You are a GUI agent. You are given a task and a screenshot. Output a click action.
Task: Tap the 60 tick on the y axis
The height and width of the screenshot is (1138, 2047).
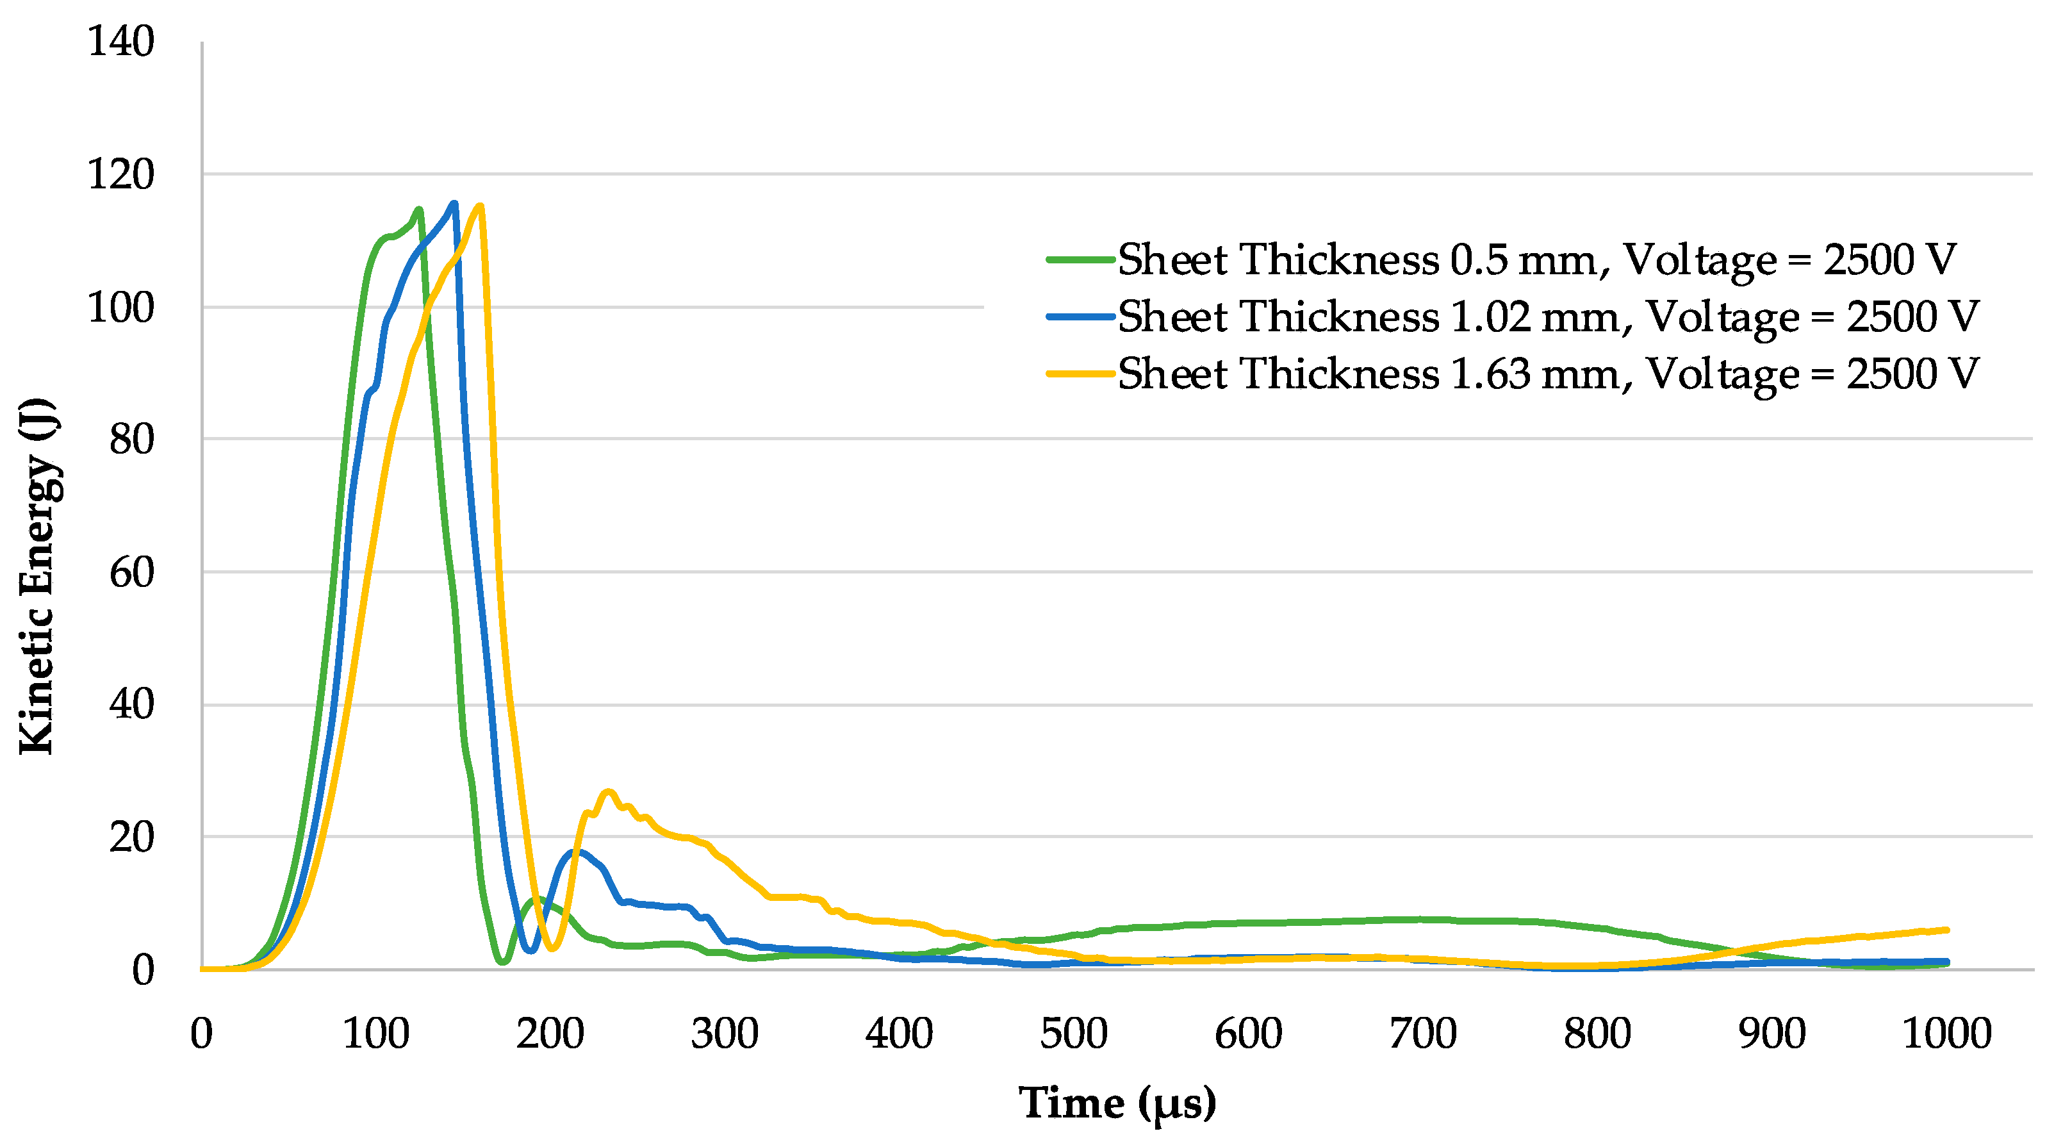[131, 572]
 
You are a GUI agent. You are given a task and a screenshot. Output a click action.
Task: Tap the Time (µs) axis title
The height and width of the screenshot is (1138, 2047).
[1117, 1103]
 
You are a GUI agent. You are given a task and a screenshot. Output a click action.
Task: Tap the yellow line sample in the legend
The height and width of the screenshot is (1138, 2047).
[1081, 374]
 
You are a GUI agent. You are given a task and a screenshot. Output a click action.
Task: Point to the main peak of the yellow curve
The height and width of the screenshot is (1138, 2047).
[480, 206]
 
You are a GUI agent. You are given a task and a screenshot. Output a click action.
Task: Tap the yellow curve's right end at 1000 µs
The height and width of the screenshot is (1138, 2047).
[1946, 930]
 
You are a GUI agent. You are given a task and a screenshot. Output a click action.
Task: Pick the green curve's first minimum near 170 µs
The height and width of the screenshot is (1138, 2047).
[503, 962]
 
